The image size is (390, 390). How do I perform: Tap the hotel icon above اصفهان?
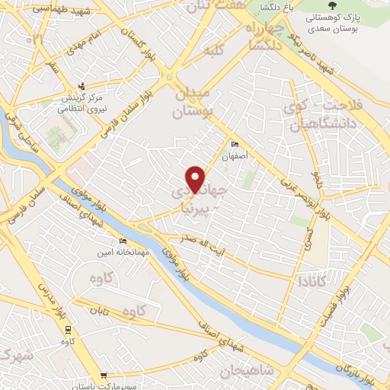click(235, 145)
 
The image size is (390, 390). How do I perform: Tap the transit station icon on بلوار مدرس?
click(68, 329)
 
